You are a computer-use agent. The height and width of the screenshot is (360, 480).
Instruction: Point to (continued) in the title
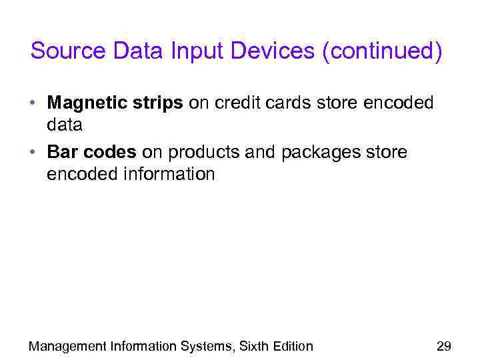(381, 52)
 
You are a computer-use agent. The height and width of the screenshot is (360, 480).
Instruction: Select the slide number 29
(443, 345)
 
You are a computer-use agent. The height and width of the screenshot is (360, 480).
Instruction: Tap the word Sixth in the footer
(255, 345)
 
